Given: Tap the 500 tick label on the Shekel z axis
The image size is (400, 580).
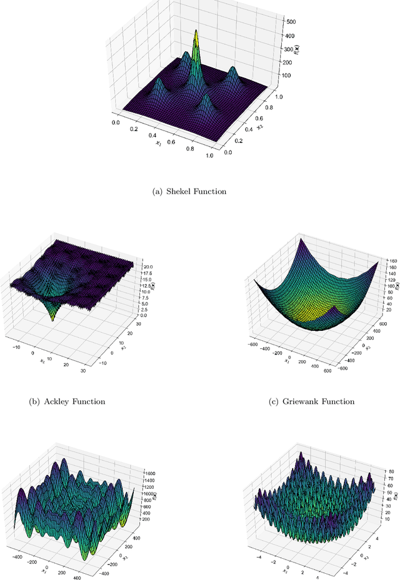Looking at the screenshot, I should click(291, 21).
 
